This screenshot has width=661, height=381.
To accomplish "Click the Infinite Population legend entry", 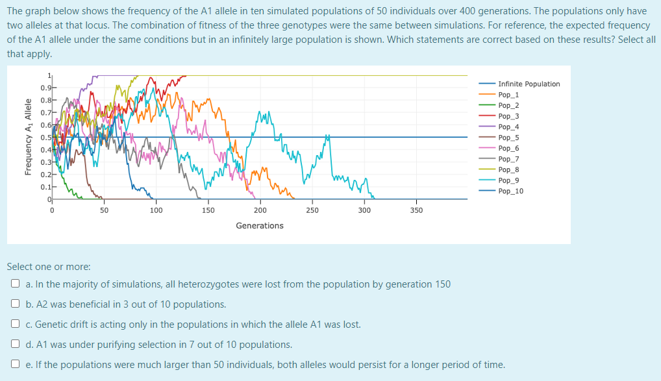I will pyautogui.click(x=529, y=84).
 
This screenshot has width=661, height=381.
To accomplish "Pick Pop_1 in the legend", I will pyautogui.click(x=508, y=95).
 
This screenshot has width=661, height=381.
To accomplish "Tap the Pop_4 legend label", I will pyautogui.click(x=508, y=127).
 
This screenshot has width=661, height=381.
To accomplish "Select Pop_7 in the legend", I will pyautogui.click(x=508, y=159).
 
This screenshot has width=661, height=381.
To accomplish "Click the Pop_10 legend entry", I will pyautogui.click(x=510, y=191).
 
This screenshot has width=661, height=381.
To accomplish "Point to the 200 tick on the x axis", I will pyautogui.click(x=260, y=210).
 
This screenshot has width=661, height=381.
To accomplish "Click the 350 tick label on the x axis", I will pyautogui.click(x=416, y=210).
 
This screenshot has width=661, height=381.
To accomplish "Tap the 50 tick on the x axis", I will pyautogui.click(x=104, y=210).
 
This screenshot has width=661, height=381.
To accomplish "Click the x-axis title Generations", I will pyautogui.click(x=259, y=226).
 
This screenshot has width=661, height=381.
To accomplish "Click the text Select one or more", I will pyautogui.click(x=49, y=267).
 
